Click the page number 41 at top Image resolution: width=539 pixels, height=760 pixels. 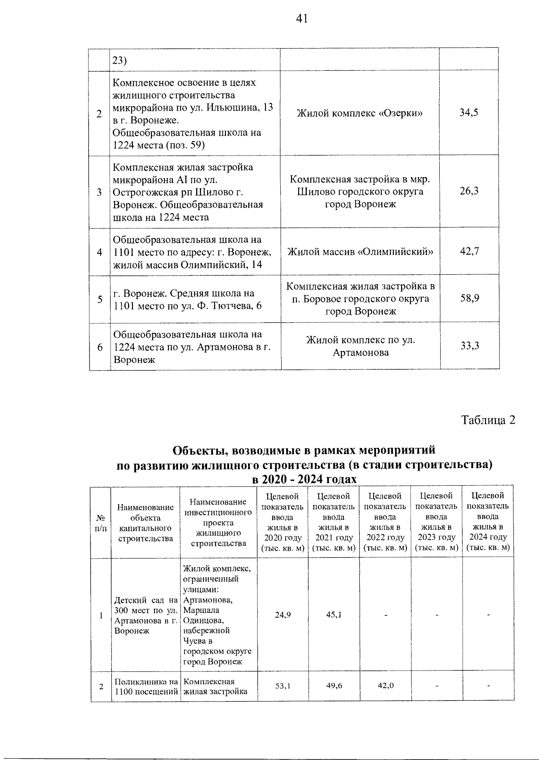click(x=302, y=18)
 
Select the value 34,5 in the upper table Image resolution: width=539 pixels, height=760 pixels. click(x=468, y=113)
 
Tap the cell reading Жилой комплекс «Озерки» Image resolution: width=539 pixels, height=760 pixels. click(x=359, y=113)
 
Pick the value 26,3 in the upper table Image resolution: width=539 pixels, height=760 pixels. click(x=468, y=191)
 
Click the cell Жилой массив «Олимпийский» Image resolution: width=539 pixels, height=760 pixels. click(x=360, y=252)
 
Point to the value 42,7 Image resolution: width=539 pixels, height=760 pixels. click(x=469, y=251)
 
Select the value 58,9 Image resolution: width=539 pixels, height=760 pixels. click(x=469, y=299)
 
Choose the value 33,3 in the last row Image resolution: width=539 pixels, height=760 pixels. click(x=469, y=346)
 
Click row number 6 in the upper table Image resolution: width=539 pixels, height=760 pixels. click(x=100, y=347)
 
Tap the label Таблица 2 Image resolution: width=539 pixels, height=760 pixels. click(x=488, y=420)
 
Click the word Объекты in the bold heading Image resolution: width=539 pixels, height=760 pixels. click(x=198, y=450)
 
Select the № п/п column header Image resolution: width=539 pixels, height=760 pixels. click(x=101, y=523)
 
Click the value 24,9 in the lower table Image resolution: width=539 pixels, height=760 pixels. click(x=283, y=614)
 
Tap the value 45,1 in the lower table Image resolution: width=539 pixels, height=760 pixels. click(x=334, y=614)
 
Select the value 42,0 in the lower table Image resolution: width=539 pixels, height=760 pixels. click(x=385, y=686)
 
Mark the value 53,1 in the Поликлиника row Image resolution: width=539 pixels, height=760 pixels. click(x=283, y=686)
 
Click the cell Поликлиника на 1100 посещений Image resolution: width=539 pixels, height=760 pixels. click(x=146, y=686)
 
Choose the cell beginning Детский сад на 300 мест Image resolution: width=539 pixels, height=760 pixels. click(x=146, y=615)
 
